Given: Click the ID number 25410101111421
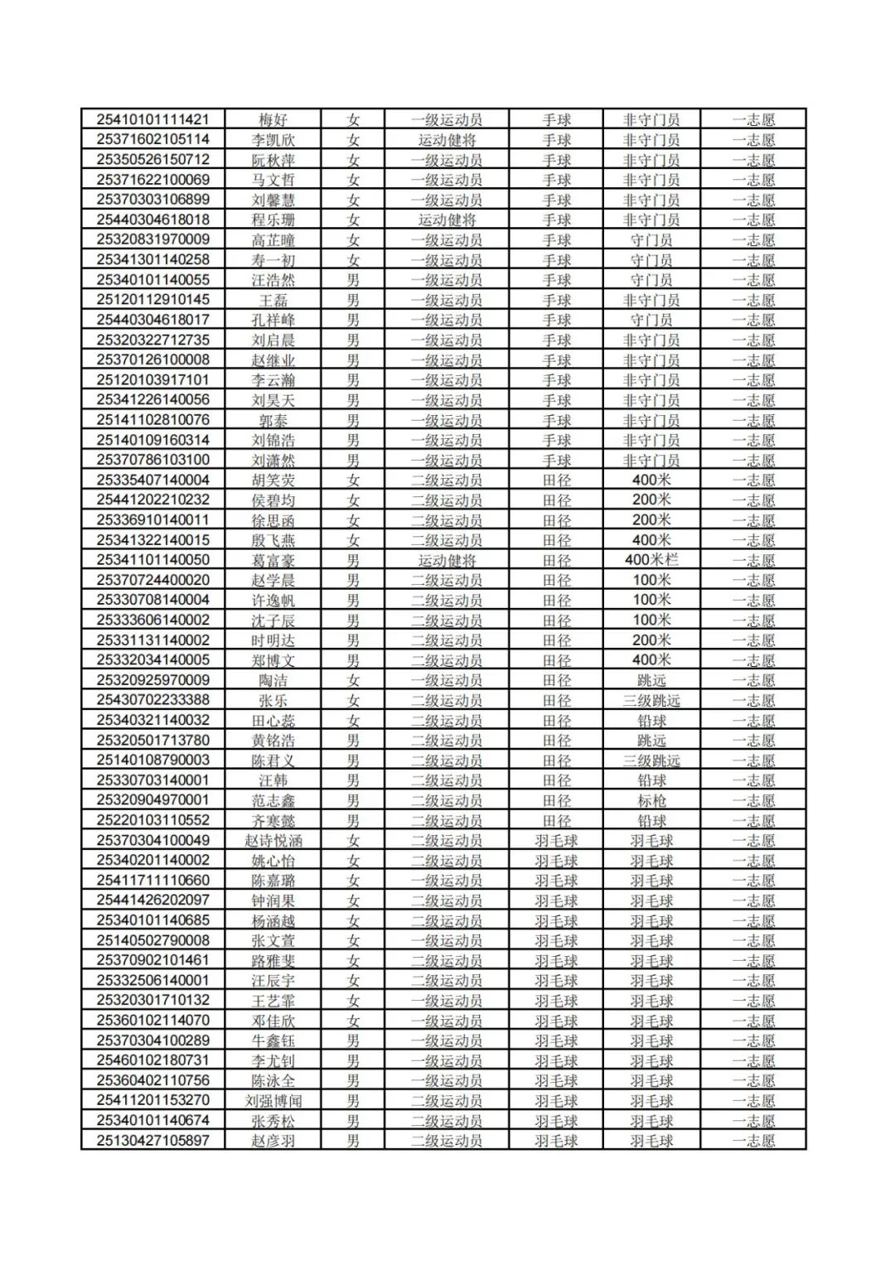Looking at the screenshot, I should tap(153, 119).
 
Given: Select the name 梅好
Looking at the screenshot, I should tap(273, 119).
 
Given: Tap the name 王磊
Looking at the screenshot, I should tap(273, 300).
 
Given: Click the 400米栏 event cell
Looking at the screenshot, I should tap(651, 560).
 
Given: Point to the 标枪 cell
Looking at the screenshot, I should tap(651, 800).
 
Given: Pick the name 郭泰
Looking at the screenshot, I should tap(273, 420).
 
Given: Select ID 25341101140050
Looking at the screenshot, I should tap(153, 560).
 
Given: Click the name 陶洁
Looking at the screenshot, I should tap(273, 680).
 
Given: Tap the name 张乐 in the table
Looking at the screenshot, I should tap(273, 700).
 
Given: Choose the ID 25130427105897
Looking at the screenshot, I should tap(153, 1141).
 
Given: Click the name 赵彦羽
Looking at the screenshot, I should tap(273, 1141).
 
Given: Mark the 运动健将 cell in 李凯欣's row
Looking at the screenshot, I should tap(447, 140).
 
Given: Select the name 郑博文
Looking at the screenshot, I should tap(273, 660).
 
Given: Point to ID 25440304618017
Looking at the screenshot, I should tap(153, 320).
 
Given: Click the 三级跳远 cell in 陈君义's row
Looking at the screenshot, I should tap(651, 760).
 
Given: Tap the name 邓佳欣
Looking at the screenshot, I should tap(273, 1021).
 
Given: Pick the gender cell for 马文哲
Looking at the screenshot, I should tap(353, 180).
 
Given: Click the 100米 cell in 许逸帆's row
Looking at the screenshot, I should tap(651, 600).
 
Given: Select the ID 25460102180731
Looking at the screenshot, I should tap(153, 1060).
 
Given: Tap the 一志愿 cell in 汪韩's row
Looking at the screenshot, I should tap(753, 780).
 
